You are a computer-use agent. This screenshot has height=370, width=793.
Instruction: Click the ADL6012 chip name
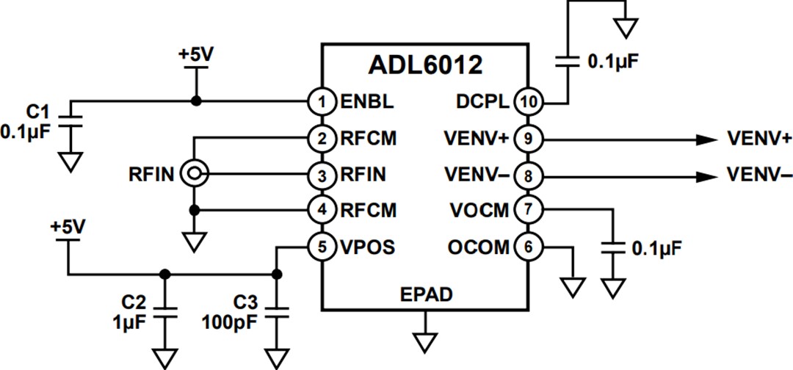click(x=425, y=65)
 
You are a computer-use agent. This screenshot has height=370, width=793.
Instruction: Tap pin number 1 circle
click(x=322, y=101)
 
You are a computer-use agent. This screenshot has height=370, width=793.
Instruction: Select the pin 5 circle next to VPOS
click(x=322, y=247)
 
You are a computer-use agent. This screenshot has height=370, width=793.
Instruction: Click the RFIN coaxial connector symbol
click(x=195, y=174)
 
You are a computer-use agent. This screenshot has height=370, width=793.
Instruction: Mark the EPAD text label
click(x=426, y=295)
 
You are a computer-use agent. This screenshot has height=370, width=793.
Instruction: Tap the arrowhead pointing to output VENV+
click(x=706, y=138)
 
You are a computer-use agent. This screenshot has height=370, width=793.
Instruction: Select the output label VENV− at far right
click(x=758, y=175)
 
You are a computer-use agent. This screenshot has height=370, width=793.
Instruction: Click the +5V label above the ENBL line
click(x=195, y=56)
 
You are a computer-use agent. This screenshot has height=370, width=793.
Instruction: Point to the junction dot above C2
click(x=164, y=275)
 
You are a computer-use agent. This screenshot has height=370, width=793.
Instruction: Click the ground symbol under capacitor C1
click(x=70, y=161)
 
